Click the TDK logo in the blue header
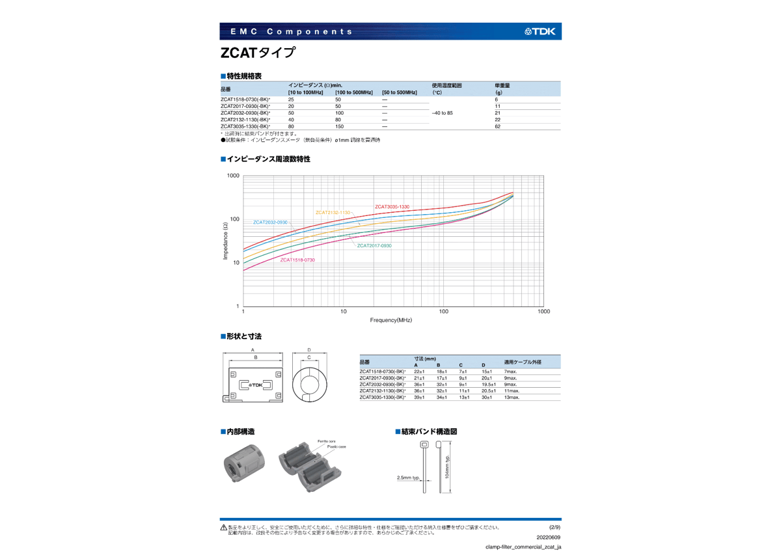click(540, 31)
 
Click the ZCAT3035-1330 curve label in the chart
click(392, 207)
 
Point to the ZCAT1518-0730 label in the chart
click(297, 260)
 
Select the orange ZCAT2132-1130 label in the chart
click(333, 213)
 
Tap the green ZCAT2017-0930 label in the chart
click(374, 245)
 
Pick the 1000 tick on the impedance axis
click(233, 176)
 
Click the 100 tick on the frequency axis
click(444, 312)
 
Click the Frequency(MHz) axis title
click(391, 320)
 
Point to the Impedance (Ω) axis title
click(226, 241)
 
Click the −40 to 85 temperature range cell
click(443, 113)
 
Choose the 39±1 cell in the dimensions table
click(419, 397)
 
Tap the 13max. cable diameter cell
click(512, 397)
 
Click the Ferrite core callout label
click(327, 441)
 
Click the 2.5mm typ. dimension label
click(408, 478)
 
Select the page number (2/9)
click(555, 527)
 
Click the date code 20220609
click(549, 537)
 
